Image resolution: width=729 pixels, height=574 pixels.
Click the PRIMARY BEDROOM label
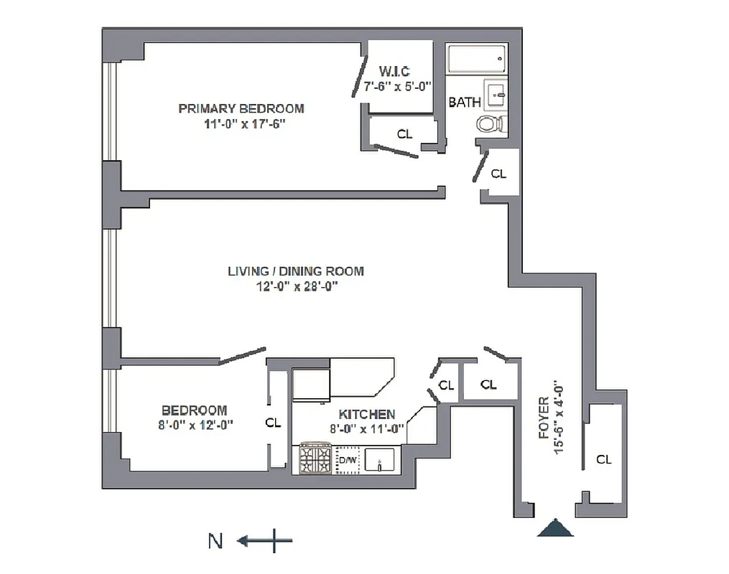click(x=241, y=108)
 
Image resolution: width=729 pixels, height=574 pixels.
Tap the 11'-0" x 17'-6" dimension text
click(x=241, y=123)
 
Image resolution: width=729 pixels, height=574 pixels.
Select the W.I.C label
click(x=394, y=71)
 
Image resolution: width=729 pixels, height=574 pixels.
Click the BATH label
click(x=464, y=103)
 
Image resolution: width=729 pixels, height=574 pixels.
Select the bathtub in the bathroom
click(x=475, y=60)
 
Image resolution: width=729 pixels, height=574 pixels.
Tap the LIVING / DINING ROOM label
click(x=295, y=271)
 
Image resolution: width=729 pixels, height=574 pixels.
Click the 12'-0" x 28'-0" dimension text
click(x=295, y=286)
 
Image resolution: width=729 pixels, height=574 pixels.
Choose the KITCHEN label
click(x=366, y=414)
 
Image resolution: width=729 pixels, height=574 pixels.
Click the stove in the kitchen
click(x=315, y=458)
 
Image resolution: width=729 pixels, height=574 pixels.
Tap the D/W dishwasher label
click(x=348, y=459)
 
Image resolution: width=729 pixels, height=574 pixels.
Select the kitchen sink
click(x=381, y=458)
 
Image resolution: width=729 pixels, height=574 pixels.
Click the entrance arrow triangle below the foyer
click(x=557, y=528)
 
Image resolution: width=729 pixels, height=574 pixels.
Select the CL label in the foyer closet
click(x=603, y=459)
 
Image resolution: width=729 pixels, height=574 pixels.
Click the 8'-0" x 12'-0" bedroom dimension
click(x=194, y=424)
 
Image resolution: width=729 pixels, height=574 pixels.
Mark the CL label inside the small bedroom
click(x=273, y=423)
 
